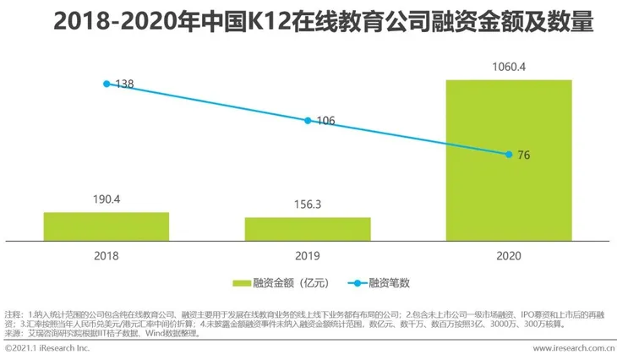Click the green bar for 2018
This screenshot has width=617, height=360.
pyautogui.click(x=106, y=226)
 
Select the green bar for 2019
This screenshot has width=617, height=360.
pyautogui.click(x=308, y=229)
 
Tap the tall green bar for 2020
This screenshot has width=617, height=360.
pyautogui.click(x=509, y=161)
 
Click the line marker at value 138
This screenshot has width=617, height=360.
pyautogui.click(x=106, y=84)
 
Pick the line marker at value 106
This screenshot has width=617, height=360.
pyautogui.click(x=308, y=120)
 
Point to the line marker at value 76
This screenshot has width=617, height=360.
pyautogui.click(x=509, y=154)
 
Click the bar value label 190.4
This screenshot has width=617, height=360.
pyautogui.click(x=106, y=200)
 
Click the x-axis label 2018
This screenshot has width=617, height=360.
pyautogui.click(x=106, y=254)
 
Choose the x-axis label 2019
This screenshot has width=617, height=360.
pyautogui.click(x=308, y=254)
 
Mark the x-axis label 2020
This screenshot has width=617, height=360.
pyautogui.click(x=509, y=254)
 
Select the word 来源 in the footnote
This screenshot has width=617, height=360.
pyautogui.click(x=13, y=334)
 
